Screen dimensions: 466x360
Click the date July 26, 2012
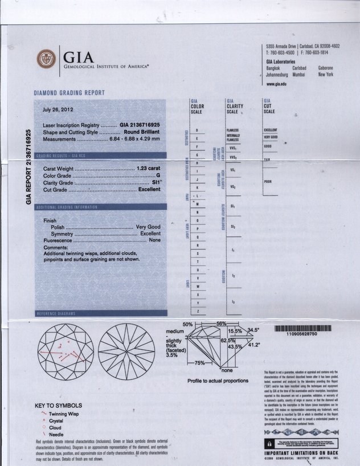click(58, 110)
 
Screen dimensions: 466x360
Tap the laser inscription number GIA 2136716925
click(140, 124)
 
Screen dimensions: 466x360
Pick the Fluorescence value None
click(154, 241)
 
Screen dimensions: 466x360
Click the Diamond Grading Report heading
click(71, 93)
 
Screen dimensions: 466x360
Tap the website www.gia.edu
click(277, 84)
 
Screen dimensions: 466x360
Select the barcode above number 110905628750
click(301, 328)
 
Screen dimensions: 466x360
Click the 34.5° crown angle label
click(253, 330)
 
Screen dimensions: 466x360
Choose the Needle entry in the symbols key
click(56, 435)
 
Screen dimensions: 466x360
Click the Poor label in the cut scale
click(268, 182)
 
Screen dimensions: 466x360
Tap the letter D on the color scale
click(197, 130)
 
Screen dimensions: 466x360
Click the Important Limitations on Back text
click(301, 453)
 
